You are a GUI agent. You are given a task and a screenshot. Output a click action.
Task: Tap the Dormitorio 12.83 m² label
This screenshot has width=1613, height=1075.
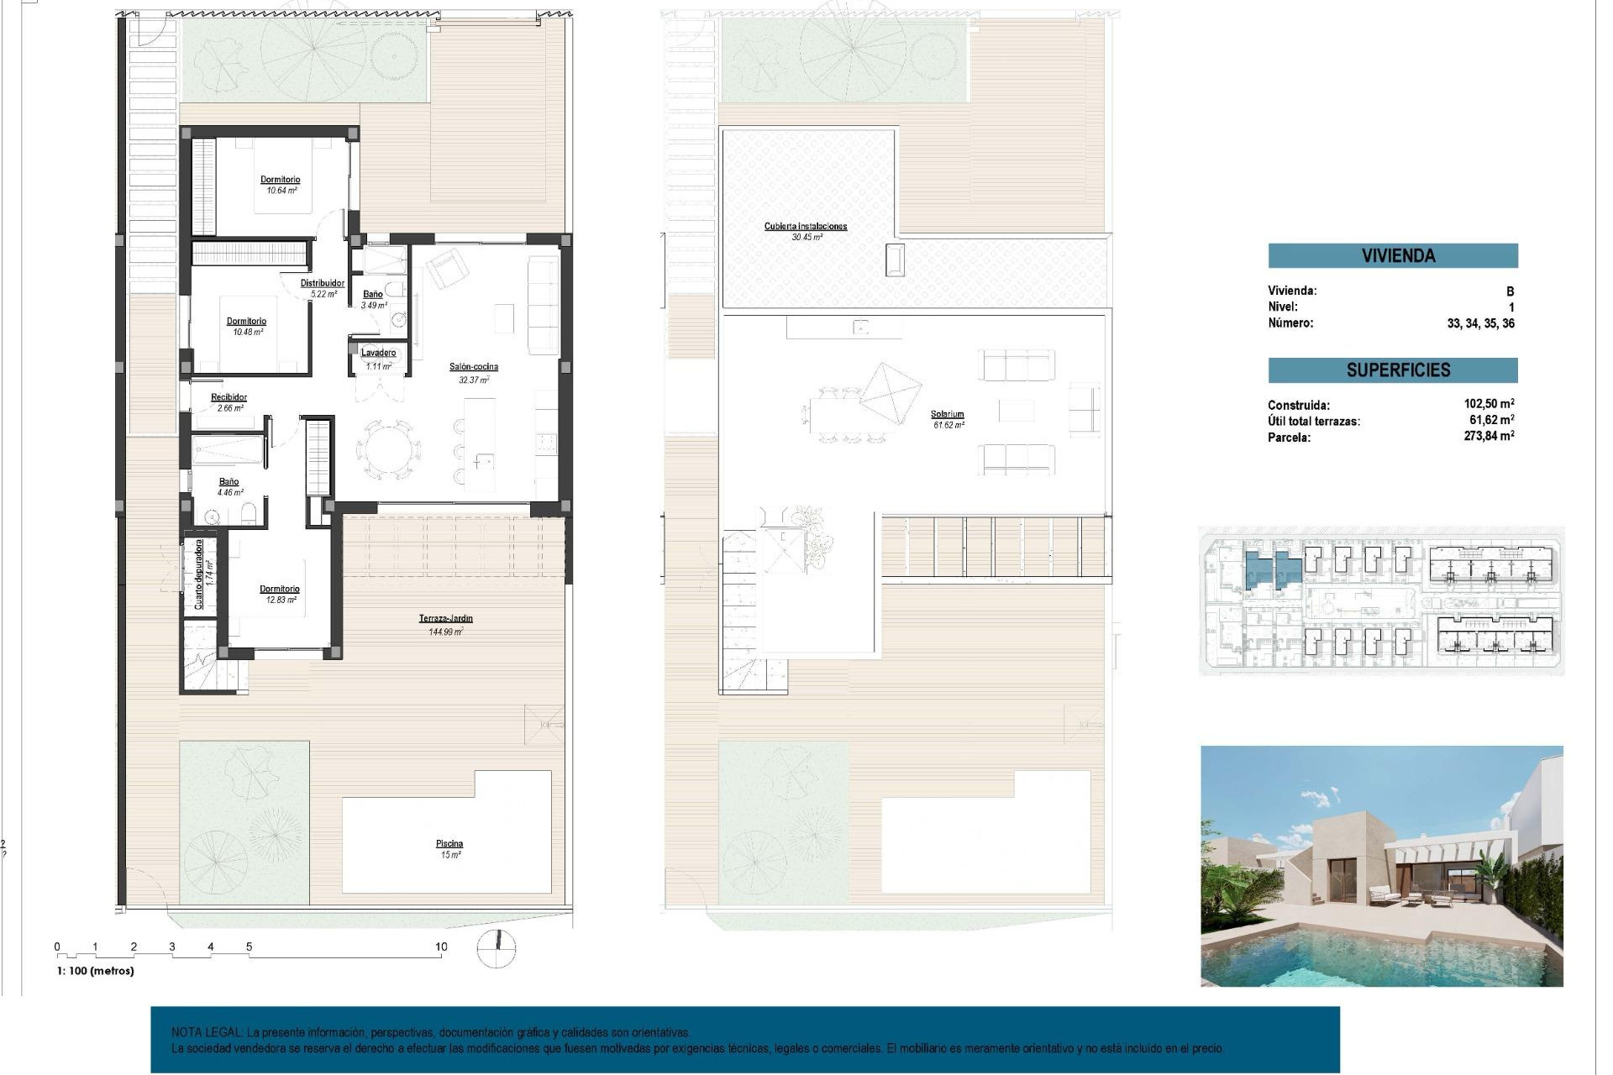[280, 594]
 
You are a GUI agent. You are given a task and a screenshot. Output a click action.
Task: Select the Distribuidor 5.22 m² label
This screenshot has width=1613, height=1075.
[323, 288]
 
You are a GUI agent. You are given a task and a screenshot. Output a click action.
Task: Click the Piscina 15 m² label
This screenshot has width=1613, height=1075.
[449, 848]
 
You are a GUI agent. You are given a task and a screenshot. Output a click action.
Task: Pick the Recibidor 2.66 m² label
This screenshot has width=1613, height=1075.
[229, 402]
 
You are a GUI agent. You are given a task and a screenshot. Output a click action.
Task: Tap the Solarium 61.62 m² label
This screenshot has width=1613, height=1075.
[947, 419]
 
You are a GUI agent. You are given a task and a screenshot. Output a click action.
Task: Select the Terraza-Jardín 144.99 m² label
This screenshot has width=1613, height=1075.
[445, 624]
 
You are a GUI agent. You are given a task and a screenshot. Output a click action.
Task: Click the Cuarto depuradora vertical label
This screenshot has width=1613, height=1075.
[199, 574]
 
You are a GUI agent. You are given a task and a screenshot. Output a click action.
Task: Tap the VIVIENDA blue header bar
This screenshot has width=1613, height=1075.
[1392, 255]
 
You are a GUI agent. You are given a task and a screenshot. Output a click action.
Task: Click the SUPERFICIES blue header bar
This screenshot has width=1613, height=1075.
[1392, 370]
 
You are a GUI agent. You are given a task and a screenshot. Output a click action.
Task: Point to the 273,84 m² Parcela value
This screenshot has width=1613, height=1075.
[1488, 436]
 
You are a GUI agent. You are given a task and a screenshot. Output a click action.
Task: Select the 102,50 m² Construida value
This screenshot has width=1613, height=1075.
[1488, 404]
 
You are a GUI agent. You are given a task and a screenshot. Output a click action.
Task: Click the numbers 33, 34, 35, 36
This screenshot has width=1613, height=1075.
[1479, 323]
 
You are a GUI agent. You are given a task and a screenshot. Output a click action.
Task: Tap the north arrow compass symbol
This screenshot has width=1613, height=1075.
[496, 948]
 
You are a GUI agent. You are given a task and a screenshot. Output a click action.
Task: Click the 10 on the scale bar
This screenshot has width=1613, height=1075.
[441, 947]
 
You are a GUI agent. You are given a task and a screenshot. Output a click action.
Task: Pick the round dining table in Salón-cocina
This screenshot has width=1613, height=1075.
[389, 450]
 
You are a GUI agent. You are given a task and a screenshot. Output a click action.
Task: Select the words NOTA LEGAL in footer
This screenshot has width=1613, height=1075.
[207, 1032]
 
